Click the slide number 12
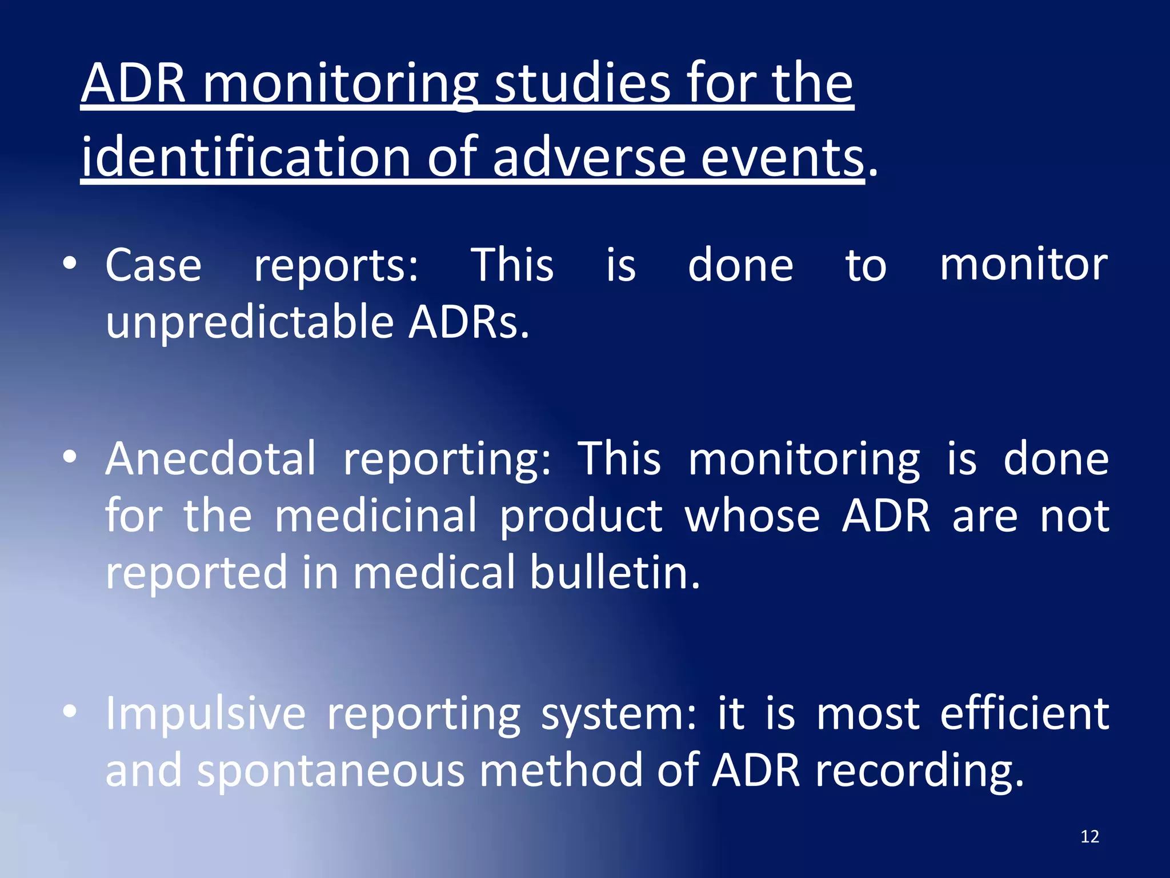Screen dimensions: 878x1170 pyautogui.click(x=1089, y=837)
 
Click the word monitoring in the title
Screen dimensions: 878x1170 pyautogui.click(x=340, y=85)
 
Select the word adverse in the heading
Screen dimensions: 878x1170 pyautogui.click(x=588, y=157)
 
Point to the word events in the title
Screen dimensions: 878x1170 pyautogui.click(x=782, y=157)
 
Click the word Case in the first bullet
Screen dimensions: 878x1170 pyautogui.click(x=153, y=266)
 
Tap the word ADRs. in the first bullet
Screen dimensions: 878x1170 pyautogui.click(x=468, y=322)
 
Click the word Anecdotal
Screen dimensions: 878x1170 pyautogui.click(x=210, y=459)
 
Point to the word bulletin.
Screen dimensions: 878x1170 pyautogui.click(x=614, y=573)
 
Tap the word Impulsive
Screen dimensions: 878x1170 pyautogui.click(x=206, y=715)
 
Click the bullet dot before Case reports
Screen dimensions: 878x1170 pyautogui.click(x=70, y=264)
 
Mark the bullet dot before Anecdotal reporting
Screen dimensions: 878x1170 pyautogui.click(x=70, y=457)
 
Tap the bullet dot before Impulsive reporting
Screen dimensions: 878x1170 pyautogui.click(x=70, y=712)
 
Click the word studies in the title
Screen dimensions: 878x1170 pyautogui.click(x=582, y=85)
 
